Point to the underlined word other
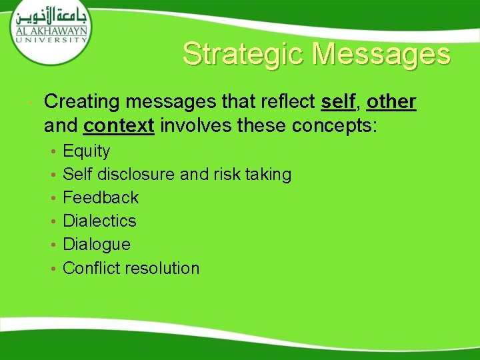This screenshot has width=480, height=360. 391,102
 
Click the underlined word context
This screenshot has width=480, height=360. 119,125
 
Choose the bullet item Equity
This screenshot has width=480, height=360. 86,151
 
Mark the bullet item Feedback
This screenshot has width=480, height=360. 100,197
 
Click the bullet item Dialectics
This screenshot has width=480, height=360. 99,221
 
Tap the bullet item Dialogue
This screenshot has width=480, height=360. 96,244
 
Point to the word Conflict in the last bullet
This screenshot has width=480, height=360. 88,268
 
